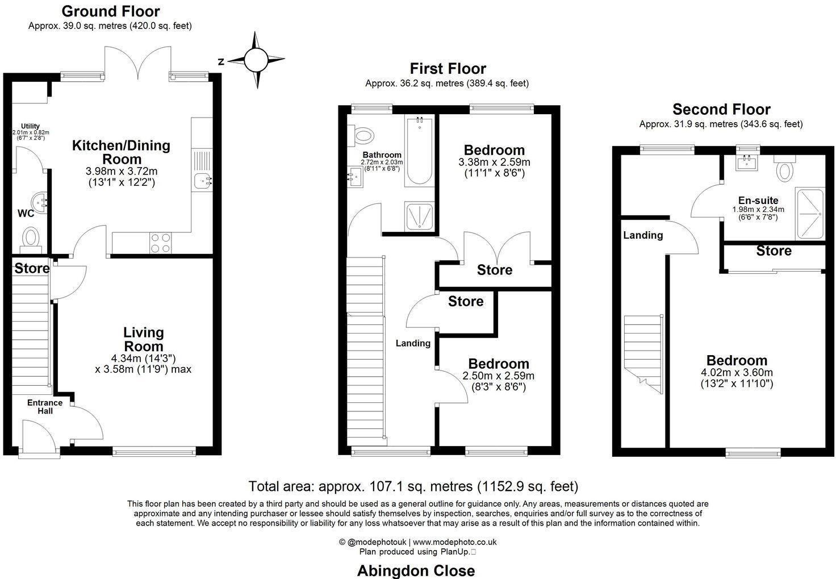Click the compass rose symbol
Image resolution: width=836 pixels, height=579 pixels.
coord(256,60)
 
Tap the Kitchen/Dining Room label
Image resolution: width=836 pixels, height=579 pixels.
coord(121,152)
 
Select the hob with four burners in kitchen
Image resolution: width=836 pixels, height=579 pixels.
coord(160,243)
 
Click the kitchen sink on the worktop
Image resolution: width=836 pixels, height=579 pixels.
coord(202,181)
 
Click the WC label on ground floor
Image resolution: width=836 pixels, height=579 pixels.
coord(26,214)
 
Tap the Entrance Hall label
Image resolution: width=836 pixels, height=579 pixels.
coord(45,407)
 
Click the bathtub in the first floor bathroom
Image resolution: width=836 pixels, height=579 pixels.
coord(419,151)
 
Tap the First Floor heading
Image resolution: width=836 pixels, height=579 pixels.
coord(448,69)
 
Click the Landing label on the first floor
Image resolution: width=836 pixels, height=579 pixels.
coord(413,343)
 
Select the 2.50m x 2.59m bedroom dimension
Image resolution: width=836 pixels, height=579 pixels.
coord(499,376)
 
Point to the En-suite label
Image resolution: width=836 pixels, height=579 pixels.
coord(758,201)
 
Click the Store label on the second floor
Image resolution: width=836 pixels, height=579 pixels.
coord(774,251)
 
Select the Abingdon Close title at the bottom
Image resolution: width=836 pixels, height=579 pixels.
coord(416,570)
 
